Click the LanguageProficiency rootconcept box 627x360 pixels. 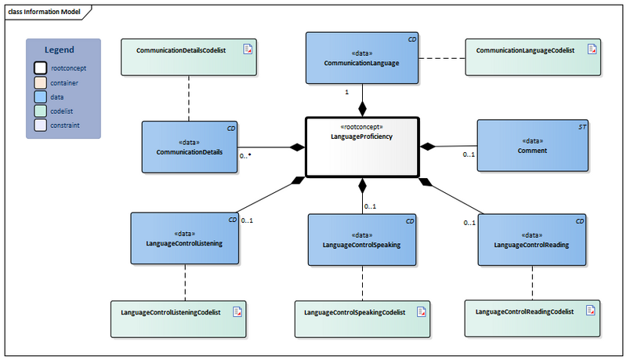coord(362,147)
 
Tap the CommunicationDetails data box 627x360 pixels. coord(190,147)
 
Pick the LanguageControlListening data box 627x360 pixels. coord(184,238)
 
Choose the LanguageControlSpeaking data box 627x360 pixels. coord(361,239)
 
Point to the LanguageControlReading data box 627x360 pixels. coord(532,238)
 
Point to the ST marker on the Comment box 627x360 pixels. coord(581,126)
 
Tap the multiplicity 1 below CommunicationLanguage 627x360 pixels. coord(346,92)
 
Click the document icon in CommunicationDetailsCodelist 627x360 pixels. coord(248,49)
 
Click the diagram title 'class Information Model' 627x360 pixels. coord(44,11)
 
